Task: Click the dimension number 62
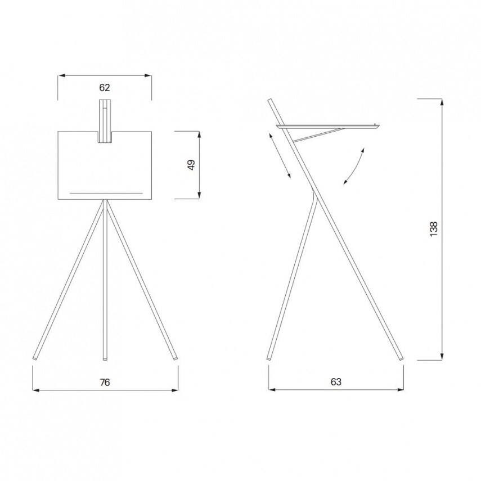click(x=105, y=87)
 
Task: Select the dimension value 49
click(x=191, y=165)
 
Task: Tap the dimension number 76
click(x=105, y=383)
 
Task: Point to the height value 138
click(x=433, y=228)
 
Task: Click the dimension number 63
click(x=336, y=382)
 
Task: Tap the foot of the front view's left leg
click(x=35, y=357)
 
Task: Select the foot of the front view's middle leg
click(x=105, y=357)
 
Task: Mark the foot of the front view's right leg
click(x=176, y=357)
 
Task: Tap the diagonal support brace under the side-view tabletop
click(x=318, y=134)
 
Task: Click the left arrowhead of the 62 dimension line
click(x=61, y=75)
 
